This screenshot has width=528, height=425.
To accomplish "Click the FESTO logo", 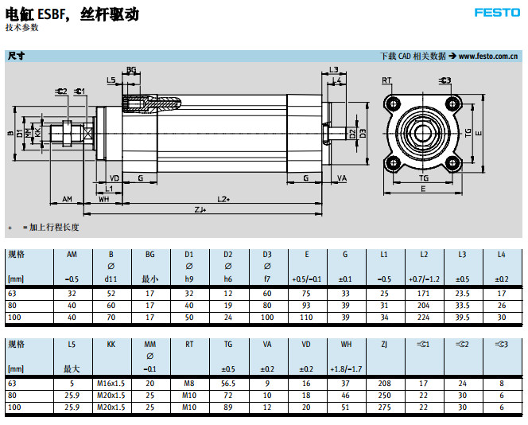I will tap(497, 13).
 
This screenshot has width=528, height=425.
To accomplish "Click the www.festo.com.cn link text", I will tap(490, 57).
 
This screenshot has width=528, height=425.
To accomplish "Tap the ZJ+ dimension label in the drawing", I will tap(200, 209).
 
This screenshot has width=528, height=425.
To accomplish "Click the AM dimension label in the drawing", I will tap(68, 198).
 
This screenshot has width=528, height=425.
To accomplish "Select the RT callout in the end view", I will tap(386, 80).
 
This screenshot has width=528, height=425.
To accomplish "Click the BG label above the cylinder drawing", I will tap(131, 70).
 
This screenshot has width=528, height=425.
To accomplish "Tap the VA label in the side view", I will tap(342, 177).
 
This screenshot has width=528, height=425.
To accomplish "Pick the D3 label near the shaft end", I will tap(363, 133).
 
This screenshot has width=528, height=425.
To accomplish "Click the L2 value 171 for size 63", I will tap(423, 294).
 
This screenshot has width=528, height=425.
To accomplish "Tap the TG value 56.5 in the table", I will tap(228, 383).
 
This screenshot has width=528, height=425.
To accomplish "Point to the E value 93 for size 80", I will tap(306, 306).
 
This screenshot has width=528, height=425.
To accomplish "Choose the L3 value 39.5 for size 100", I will tap(462, 318).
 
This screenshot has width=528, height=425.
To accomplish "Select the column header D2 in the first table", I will tap(228, 255).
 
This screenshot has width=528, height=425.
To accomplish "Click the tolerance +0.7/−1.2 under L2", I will tap(423, 279).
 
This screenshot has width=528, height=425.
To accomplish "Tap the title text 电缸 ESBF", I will tap(39, 14).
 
